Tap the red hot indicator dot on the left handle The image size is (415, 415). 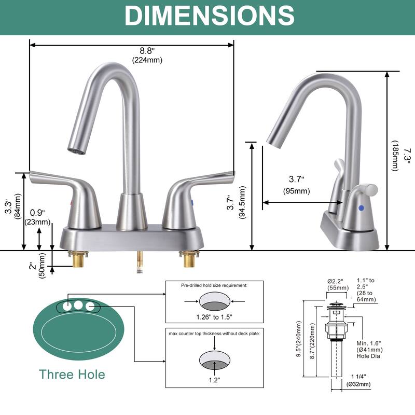(71, 202)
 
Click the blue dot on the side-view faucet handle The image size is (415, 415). (361, 209)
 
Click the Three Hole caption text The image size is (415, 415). (72, 374)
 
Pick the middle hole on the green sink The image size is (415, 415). (78, 306)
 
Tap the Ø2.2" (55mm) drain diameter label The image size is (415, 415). (338, 284)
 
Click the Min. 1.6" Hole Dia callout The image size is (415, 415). (370, 350)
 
